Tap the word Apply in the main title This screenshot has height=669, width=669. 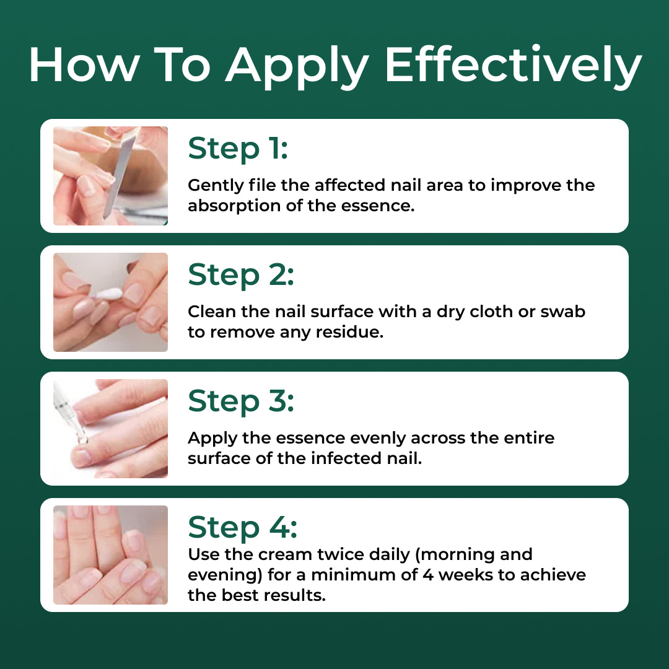(x=297, y=68)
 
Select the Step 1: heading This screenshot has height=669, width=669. (x=238, y=148)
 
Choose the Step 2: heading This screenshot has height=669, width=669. (x=240, y=274)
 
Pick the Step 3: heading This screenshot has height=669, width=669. (x=240, y=401)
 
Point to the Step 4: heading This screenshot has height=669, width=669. (x=242, y=527)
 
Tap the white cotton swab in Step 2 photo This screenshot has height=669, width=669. (x=107, y=294)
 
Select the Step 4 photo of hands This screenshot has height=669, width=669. (x=110, y=554)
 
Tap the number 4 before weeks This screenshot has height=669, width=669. (x=428, y=575)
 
